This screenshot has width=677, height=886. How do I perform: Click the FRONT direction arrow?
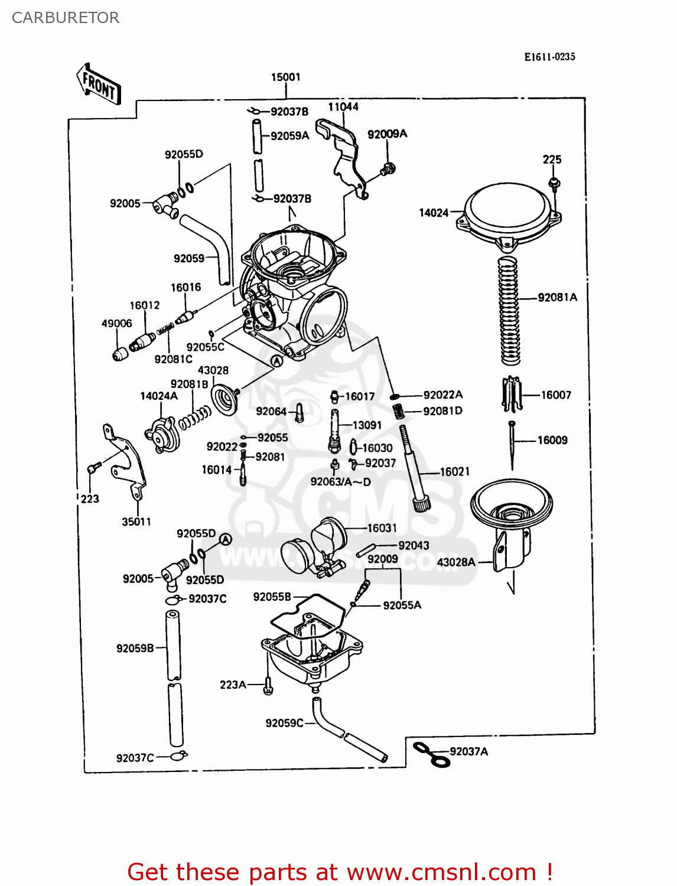tap(99, 84)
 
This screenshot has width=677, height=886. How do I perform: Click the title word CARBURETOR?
tap(66, 18)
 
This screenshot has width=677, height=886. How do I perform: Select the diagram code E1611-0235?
tap(549, 57)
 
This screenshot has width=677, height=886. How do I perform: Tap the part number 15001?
tap(286, 77)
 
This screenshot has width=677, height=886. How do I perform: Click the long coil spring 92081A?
tap(509, 310)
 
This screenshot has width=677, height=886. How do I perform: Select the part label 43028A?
tap(456, 562)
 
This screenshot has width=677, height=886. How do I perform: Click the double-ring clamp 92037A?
tap(431, 755)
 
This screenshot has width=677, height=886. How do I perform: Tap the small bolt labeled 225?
tap(554, 183)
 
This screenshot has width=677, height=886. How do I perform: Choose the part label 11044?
tap(343, 107)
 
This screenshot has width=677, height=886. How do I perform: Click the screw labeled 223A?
tap(268, 686)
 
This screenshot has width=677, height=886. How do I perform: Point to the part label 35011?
tap(136, 522)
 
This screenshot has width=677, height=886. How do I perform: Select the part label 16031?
tap(382, 528)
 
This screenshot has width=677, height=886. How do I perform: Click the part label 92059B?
tap(135, 648)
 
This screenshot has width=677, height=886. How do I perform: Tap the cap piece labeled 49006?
tap(121, 354)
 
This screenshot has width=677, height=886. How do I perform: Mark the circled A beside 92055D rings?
tap(226, 539)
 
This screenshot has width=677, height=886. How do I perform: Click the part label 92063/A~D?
tap(341, 482)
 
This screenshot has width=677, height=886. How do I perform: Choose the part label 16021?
tap(455, 471)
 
